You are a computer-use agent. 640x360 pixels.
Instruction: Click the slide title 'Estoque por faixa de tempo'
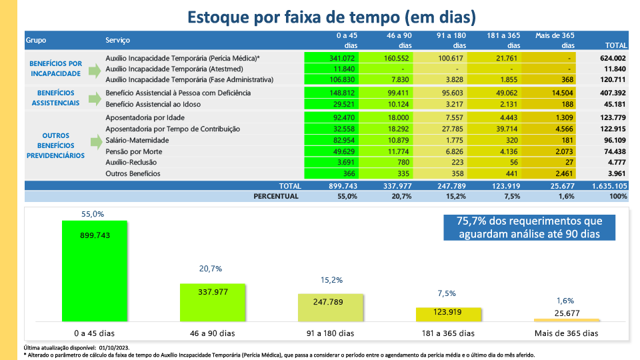(x=331, y=17)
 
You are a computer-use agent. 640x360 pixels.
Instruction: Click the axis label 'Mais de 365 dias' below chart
(x=566, y=333)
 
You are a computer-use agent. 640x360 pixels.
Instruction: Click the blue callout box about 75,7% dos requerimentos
(x=530, y=227)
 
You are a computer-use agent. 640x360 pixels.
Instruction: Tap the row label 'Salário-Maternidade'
(x=137, y=141)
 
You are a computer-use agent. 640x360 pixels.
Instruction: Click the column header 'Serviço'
(x=117, y=40)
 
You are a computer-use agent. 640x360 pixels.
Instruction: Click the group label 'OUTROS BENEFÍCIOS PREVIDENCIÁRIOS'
(x=55, y=145)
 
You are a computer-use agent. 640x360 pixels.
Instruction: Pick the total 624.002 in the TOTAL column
(x=613, y=58)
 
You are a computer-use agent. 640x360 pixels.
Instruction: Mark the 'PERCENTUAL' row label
(x=276, y=197)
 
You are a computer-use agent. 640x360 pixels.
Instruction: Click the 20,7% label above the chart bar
(x=211, y=269)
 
